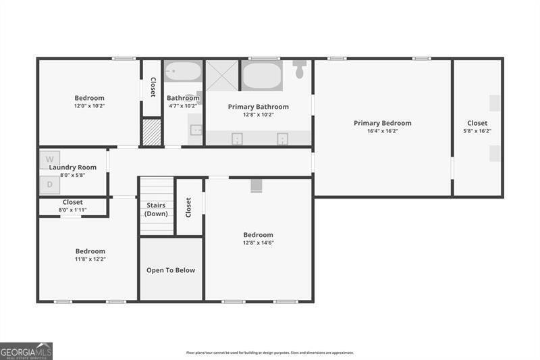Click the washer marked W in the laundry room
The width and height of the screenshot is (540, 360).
49,160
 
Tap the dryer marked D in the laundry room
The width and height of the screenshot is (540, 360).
49,184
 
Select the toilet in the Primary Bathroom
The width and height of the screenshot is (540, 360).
300,68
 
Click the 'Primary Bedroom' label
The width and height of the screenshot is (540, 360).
382,123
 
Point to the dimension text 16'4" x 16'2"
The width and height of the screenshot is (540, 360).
382,131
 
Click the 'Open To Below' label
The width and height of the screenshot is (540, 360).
171,270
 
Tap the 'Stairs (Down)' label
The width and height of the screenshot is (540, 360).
156,209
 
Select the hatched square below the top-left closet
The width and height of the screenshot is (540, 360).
152,132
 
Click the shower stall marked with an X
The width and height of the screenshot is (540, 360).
222,75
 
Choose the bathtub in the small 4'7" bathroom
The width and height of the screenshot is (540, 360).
183,72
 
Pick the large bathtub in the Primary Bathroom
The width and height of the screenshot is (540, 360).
262,76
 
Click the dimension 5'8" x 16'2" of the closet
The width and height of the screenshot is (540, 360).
477,131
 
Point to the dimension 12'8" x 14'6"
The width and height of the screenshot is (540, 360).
258,243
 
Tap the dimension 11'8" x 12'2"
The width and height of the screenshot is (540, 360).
90,259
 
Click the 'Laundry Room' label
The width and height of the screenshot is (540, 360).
72,168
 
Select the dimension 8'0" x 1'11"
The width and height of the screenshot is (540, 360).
72,210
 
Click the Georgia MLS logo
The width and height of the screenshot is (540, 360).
26,351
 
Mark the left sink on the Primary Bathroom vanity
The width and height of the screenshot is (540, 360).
238,138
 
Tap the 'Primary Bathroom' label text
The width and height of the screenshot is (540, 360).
258,107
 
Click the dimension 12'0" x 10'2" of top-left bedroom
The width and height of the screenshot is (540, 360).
89,106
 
